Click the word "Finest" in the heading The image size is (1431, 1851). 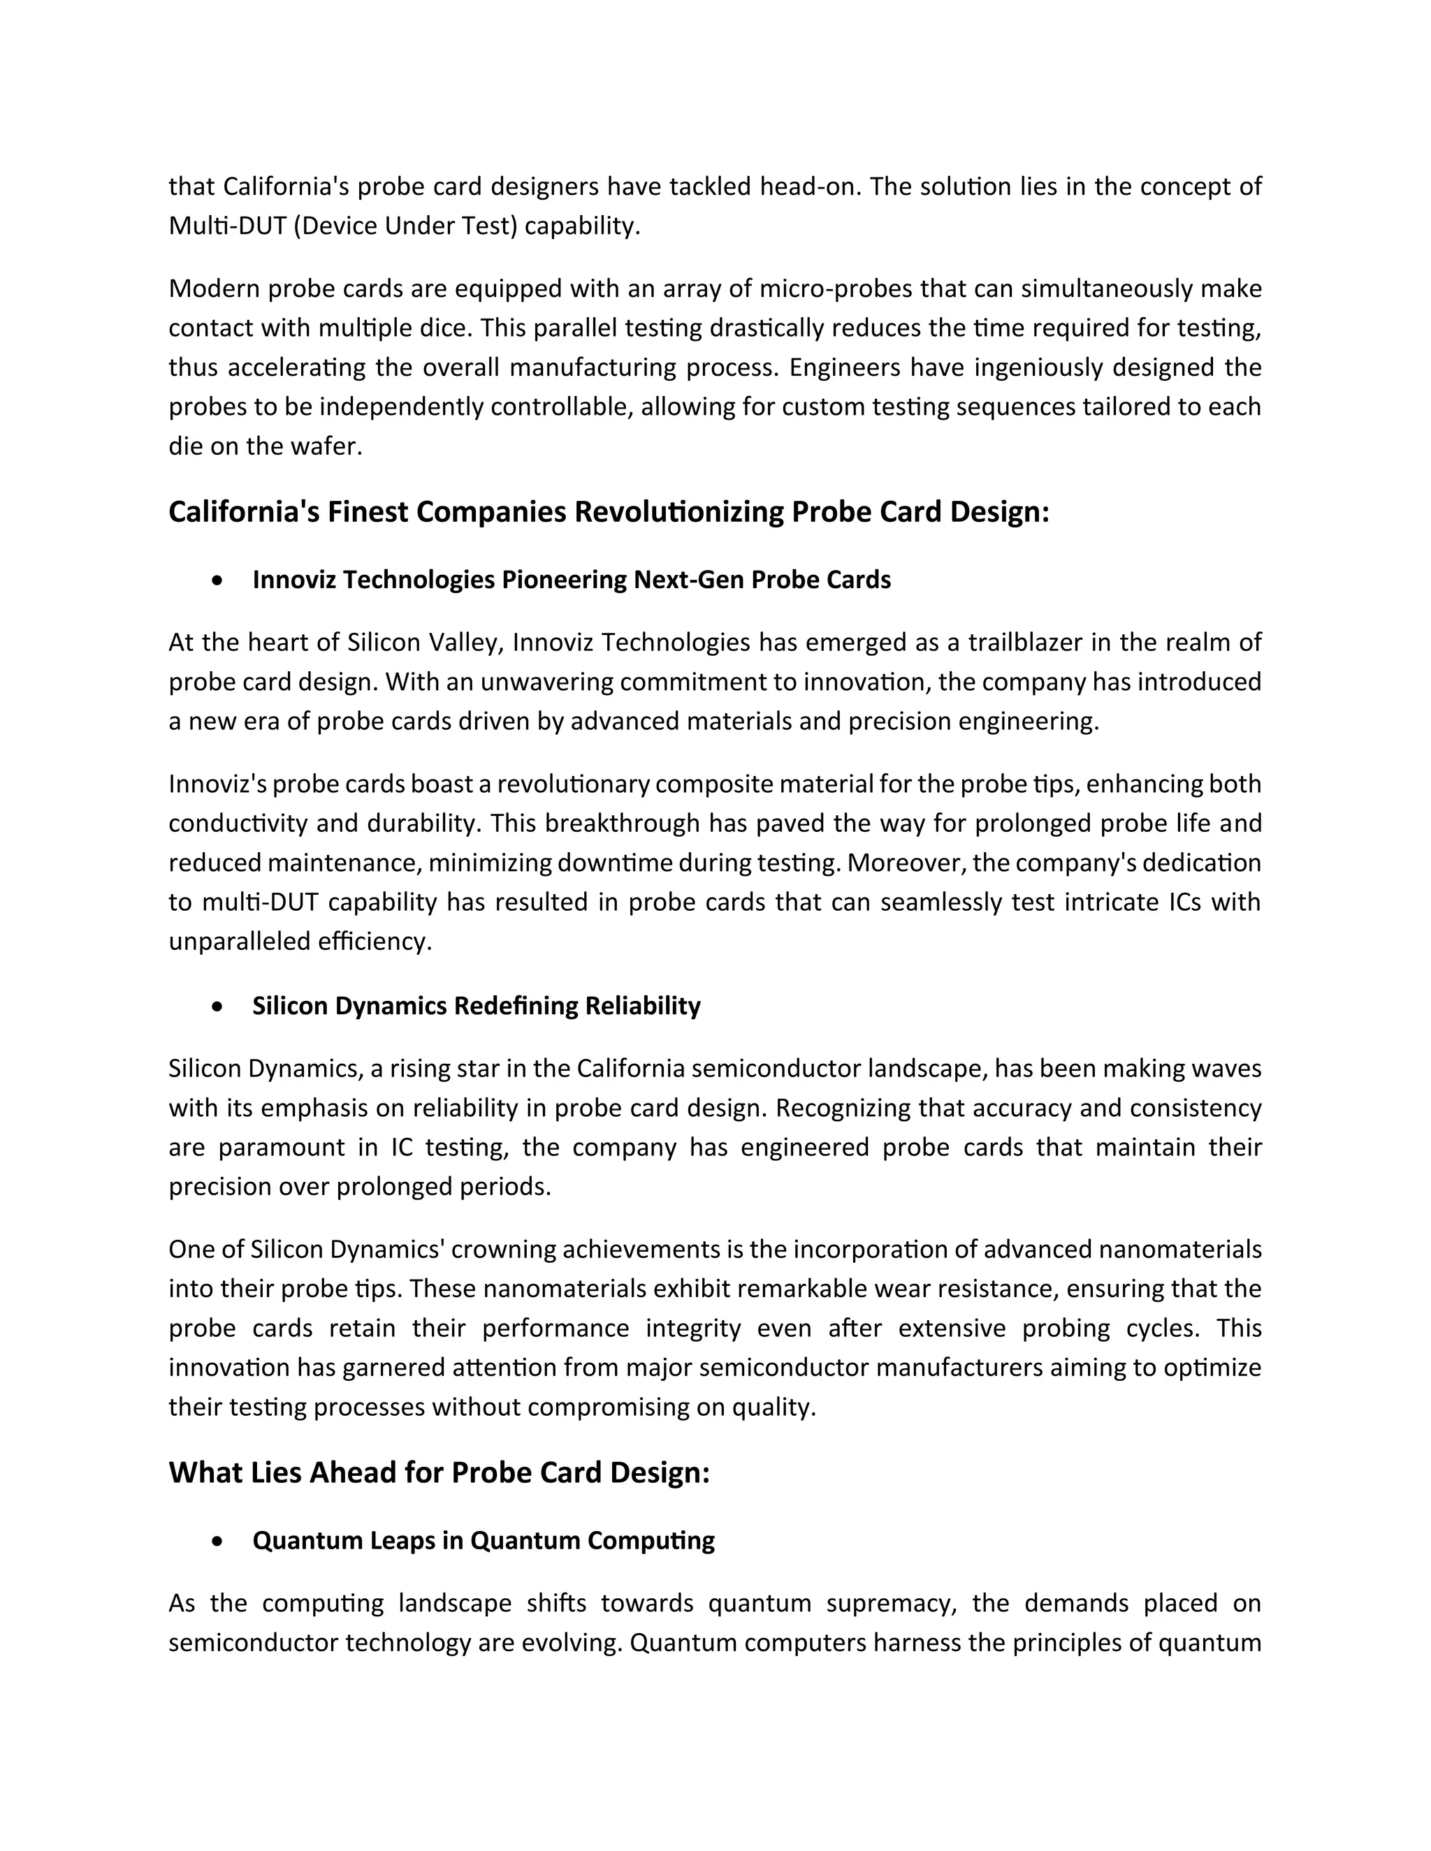coord(369,512)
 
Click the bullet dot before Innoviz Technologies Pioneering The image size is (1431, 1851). coord(219,580)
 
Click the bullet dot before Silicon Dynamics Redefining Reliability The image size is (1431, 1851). coord(219,1007)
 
